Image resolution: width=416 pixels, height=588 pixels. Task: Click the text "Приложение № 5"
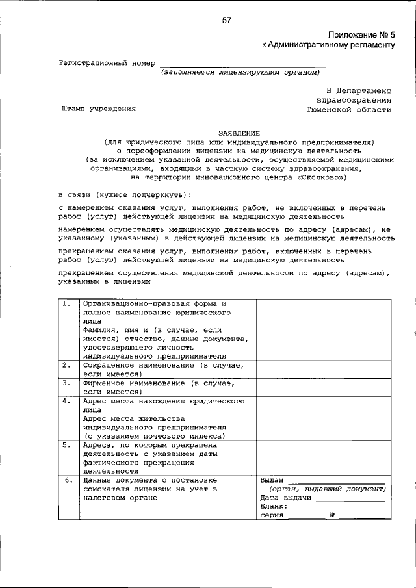click(x=361, y=34)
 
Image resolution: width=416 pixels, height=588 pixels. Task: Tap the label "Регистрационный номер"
click(x=107, y=63)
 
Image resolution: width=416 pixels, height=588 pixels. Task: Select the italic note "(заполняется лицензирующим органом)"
click(x=241, y=73)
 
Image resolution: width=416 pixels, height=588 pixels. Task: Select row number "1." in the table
click(x=67, y=303)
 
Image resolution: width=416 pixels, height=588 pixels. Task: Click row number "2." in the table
click(x=67, y=365)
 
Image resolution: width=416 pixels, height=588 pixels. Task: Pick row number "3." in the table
click(x=67, y=383)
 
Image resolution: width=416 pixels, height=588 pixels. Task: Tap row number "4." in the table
click(x=67, y=402)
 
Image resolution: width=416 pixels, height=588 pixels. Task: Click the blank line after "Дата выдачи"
click(x=350, y=499)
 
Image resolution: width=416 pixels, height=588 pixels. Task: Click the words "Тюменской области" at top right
click(x=350, y=109)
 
